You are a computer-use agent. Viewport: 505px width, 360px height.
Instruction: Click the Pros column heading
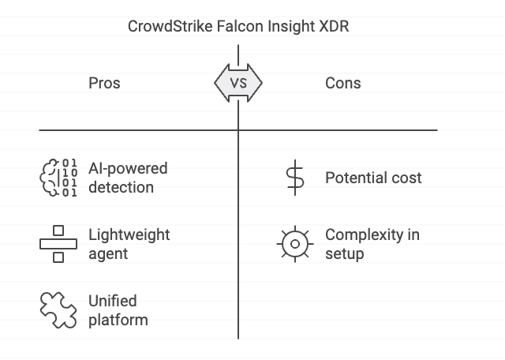coord(104,83)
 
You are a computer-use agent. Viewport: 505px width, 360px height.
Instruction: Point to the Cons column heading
coord(343,83)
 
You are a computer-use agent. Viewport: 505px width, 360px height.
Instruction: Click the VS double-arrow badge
coord(238,83)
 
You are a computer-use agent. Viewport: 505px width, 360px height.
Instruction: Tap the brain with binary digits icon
coord(58,177)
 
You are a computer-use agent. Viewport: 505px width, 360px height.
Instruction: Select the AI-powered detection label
coord(128,178)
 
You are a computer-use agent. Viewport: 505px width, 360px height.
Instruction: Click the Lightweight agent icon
coord(58,244)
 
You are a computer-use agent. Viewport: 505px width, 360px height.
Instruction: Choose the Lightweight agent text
coord(129,245)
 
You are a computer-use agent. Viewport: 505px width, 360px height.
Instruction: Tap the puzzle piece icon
coord(58,309)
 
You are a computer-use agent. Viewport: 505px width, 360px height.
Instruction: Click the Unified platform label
coord(118,310)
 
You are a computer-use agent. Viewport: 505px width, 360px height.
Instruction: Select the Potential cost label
coord(373,178)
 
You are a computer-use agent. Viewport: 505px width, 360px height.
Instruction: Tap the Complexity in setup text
coord(372,245)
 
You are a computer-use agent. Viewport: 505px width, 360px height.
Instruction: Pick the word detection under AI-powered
coord(121,188)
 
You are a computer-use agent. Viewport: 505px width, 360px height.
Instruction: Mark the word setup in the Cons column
coord(344,254)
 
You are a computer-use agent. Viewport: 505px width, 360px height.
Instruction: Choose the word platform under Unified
coord(118,320)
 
